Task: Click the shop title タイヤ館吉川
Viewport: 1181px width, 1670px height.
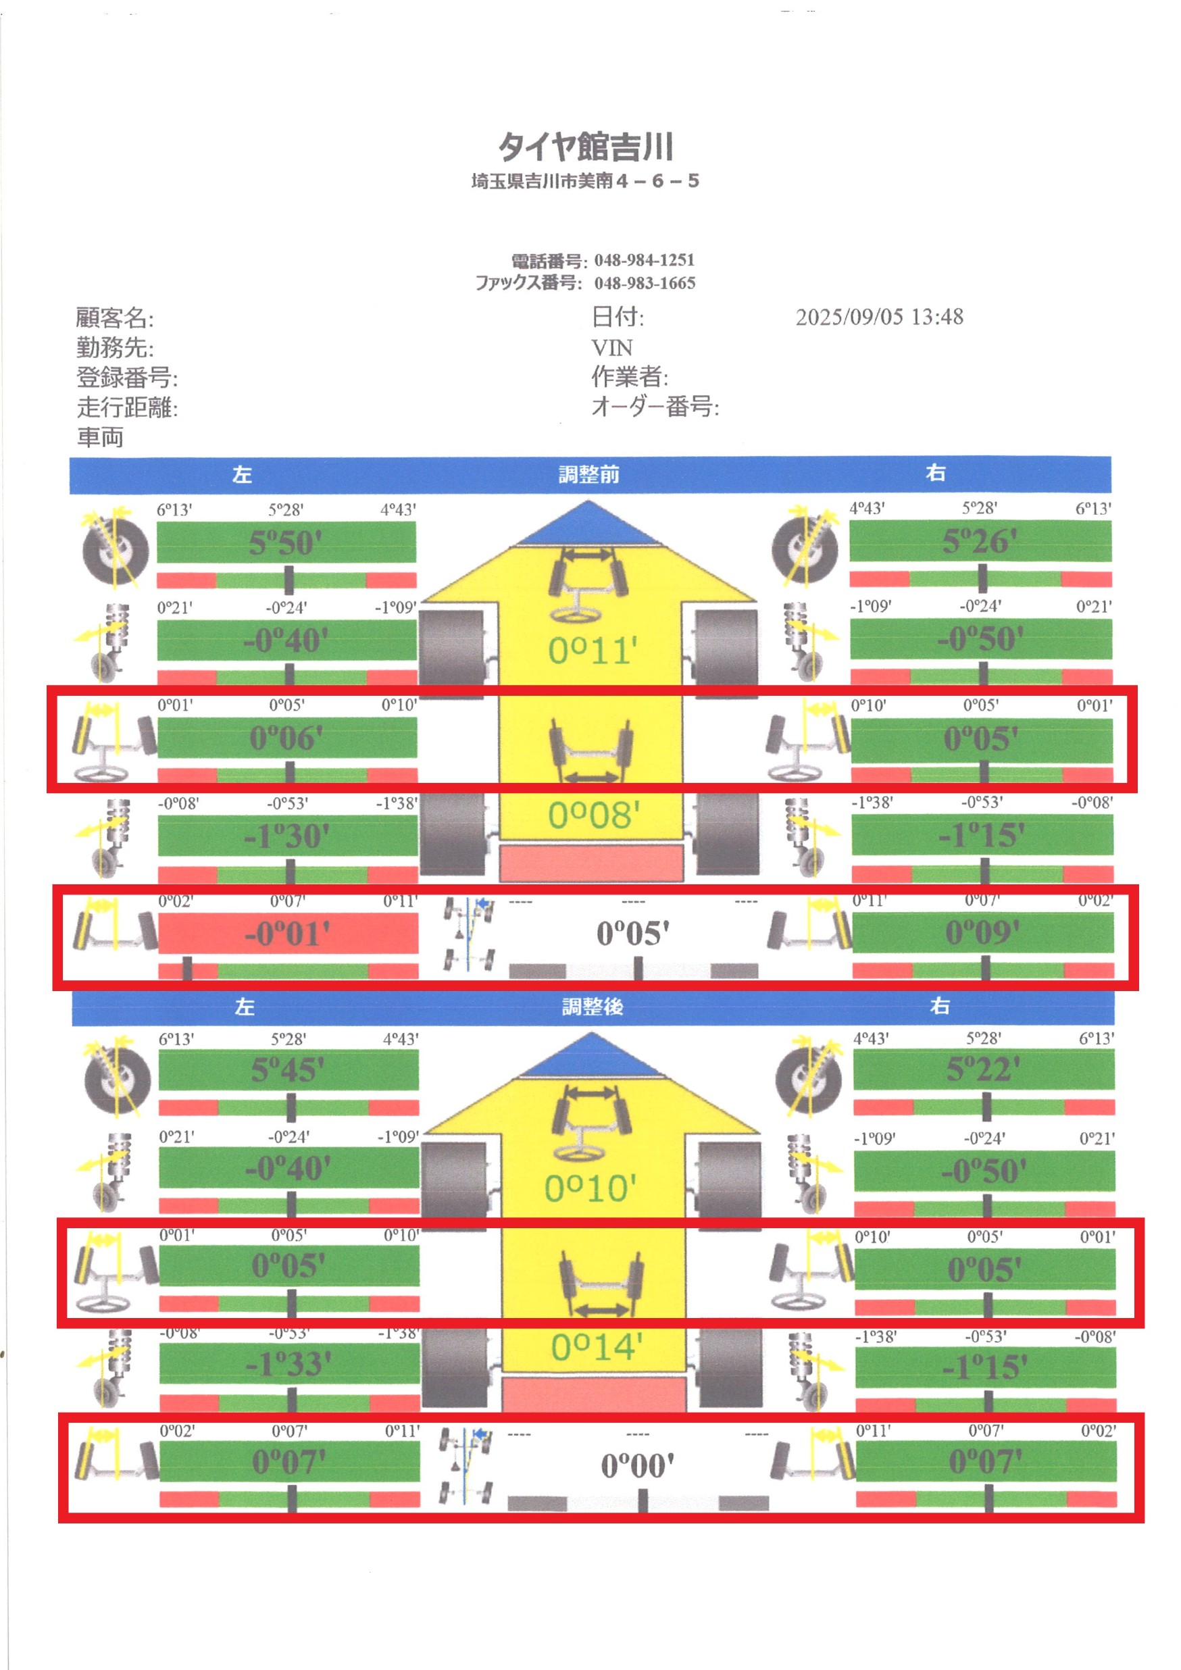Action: pyautogui.click(x=585, y=146)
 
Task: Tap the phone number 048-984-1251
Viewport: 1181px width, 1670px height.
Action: pyautogui.click(x=645, y=259)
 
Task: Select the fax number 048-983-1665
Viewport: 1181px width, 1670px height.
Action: pyautogui.click(x=645, y=283)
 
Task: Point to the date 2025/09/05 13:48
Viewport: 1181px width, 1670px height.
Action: pyautogui.click(x=879, y=317)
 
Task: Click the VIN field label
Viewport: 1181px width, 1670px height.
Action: pyautogui.click(x=611, y=348)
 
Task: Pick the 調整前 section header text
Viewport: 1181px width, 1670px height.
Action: pyautogui.click(x=589, y=474)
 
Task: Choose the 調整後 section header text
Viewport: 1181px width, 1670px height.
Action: pyautogui.click(x=593, y=1007)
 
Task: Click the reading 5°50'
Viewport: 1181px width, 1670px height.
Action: pyautogui.click(x=286, y=543)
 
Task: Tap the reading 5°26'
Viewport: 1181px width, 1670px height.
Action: pyautogui.click(x=980, y=542)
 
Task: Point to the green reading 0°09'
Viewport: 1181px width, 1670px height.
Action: pyautogui.click(x=982, y=932)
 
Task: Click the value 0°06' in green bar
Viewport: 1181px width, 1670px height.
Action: pyautogui.click(x=286, y=738)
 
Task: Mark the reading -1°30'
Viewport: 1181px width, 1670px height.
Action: pyautogui.click(x=286, y=836)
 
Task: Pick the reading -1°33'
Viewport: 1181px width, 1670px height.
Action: pyautogui.click(x=288, y=1364)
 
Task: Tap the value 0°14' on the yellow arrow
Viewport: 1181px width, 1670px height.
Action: pyautogui.click(x=597, y=1348)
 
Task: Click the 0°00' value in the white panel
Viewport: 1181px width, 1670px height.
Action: pyautogui.click(x=638, y=1467)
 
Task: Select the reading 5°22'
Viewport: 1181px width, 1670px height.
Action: pyautogui.click(x=983, y=1070)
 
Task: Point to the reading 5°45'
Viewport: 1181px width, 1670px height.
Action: pyautogui.click(x=288, y=1071)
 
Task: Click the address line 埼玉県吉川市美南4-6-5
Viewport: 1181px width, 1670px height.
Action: pyautogui.click(x=585, y=181)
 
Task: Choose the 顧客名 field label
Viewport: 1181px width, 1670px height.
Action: pyautogui.click(x=115, y=318)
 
